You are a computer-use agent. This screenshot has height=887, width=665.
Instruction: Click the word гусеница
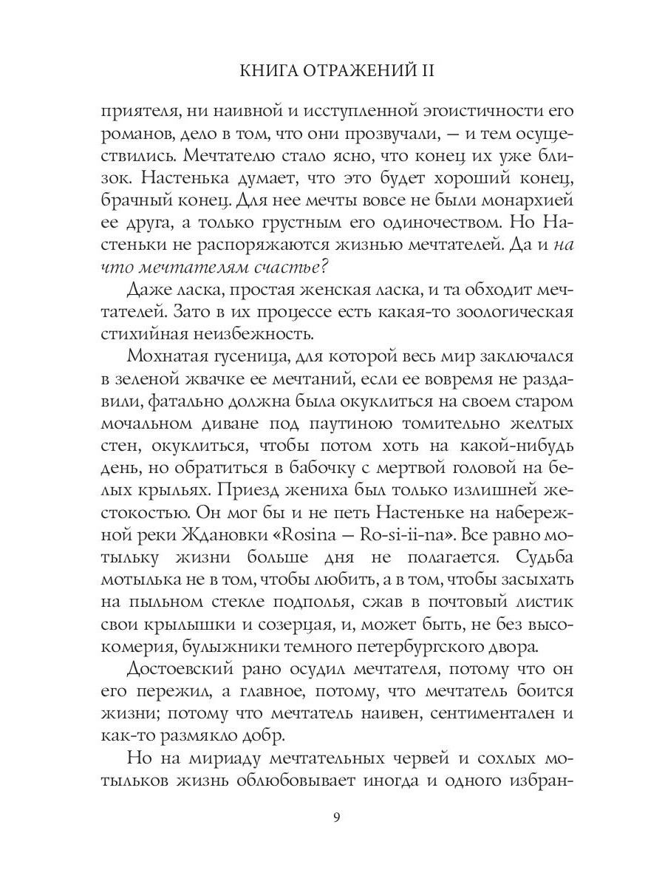pos(256,357)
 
